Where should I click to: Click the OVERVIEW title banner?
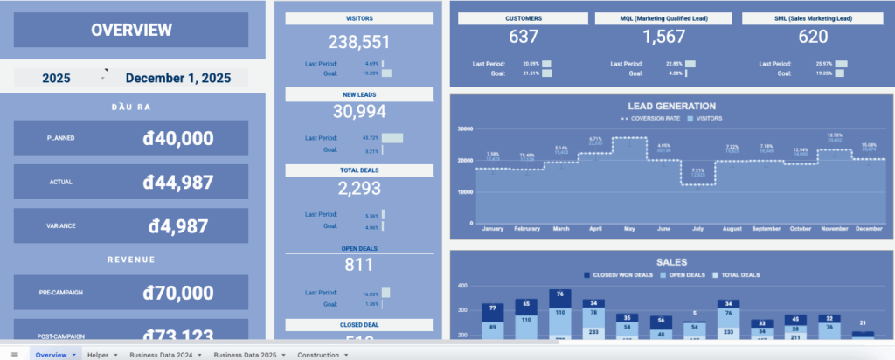click(x=131, y=30)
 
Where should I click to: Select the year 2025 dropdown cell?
click(x=56, y=78)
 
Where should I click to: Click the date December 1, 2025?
click(x=177, y=78)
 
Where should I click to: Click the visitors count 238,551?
click(x=358, y=42)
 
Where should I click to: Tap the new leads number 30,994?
click(x=358, y=111)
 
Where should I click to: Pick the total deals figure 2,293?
click(x=358, y=187)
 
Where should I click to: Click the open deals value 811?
click(x=358, y=264)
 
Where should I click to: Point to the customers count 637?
click(x=524, y=37)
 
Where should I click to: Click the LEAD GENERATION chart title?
click(x=671, y=106)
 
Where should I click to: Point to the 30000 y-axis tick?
click(x=465, y=128)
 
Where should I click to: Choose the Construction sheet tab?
click(x=318, y=355)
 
